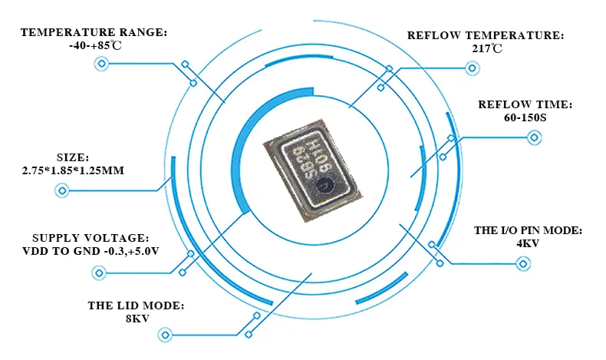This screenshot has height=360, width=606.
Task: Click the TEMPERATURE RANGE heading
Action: coord(94,32)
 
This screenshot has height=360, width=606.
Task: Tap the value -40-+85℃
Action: coord(94,45)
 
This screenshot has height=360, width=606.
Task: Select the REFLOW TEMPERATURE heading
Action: coord(486,35)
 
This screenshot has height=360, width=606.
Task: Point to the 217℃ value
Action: coord(486,48)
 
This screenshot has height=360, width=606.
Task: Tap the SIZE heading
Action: coord(73,156)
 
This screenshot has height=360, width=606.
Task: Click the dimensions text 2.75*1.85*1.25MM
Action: coord(73,169)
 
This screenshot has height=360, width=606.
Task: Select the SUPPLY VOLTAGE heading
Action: coord(91,238)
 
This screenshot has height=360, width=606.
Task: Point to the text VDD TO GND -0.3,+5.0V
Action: coord(91,251)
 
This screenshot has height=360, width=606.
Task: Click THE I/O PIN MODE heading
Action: coord(529,230)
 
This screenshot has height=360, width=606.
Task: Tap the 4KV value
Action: coord(529,243)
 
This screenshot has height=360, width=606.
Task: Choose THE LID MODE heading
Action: coord(137,306)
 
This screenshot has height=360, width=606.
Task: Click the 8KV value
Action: coord(137,319)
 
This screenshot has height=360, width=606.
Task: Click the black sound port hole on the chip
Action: coord(327,184)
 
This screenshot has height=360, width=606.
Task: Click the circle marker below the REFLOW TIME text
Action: coord(534,138)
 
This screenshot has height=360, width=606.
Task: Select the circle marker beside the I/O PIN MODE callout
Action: coord(524,264)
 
